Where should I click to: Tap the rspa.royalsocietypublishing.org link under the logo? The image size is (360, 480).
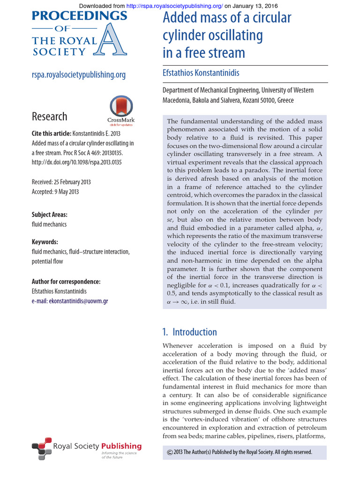pyautogui.click(x=79, y=75)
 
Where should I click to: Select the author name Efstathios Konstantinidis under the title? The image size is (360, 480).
pyautogui.click(x=201, y=73)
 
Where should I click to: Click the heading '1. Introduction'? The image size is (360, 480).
pyautogui.click(x=189, y=332)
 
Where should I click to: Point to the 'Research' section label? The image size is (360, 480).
pyautogui.click(x=49, y=117)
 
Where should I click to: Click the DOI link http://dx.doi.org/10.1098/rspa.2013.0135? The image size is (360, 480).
pyautogui.click(x=76, y=162)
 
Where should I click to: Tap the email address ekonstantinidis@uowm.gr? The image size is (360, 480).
pyautogui.click(x=78, y=301)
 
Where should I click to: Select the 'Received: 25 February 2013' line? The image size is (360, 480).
pyautogui.click(x=61, y=182)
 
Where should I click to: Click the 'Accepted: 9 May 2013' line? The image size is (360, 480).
pyautogui.click(x=55, y=192)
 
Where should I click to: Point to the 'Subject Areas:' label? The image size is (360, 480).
pyautogui.click(x=50, y=215)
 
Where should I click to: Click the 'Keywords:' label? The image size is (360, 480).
pyautogui.click(x=45, y=242)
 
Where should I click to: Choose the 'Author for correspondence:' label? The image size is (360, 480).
pyautogui.click(x=66, y=282)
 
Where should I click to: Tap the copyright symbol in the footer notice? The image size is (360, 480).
pyautogui.click(x=170, y=452)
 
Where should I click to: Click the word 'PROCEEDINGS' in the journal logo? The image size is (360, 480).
pyautogui.click(x=79, y=16)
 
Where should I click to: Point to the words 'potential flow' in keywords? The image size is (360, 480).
pyautogui.click(x=47, y=261)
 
